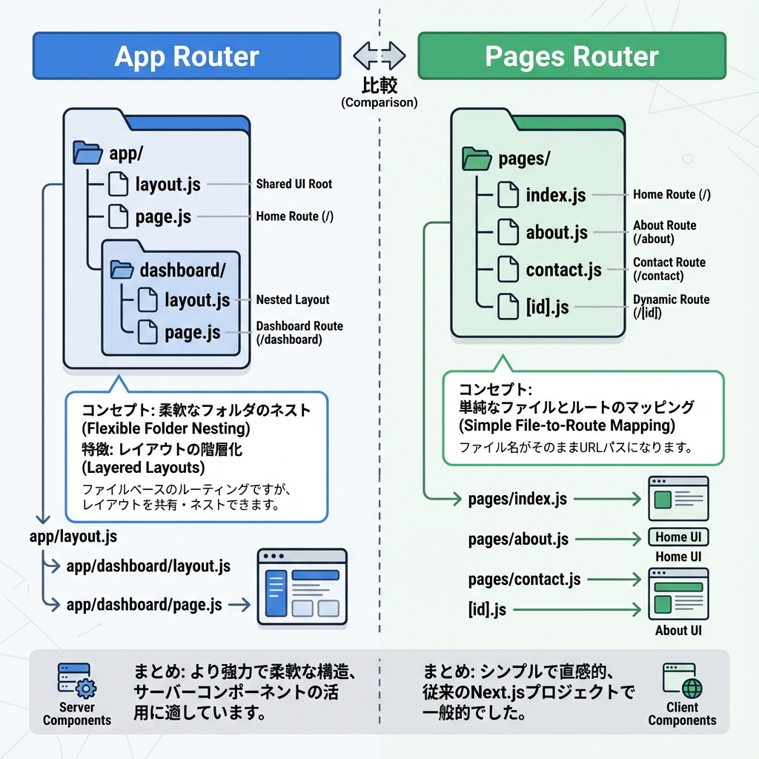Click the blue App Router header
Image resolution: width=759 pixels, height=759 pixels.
pos(186,56)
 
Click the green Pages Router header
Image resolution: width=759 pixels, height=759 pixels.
pos(571,56)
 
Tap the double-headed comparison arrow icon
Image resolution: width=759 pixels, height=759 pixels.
pos(379,56)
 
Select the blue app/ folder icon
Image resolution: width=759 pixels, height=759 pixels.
pos(87,153)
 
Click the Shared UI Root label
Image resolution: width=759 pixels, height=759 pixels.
pos(294,184)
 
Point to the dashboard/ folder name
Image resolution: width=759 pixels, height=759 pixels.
pos(182,270)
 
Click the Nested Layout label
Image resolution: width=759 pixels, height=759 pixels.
pos(293,299)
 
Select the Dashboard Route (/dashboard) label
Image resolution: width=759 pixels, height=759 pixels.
pos(299,333)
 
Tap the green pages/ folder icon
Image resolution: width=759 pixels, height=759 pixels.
pos(477,158)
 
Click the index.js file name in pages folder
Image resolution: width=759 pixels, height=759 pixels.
pos(555,195)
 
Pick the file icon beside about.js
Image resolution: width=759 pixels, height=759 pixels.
pos(508,232)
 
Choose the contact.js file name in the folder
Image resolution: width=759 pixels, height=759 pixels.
pos(563,270)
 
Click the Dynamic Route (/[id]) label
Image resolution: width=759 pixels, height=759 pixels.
pos(671,306)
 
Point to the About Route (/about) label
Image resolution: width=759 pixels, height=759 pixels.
pos(664,232)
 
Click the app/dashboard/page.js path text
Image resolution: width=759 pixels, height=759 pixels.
pos(144,605)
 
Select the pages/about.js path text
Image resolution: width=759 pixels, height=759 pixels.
pos(518,539)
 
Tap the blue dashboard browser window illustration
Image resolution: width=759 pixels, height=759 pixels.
pos(302,586)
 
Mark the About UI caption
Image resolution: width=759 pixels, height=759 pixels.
pos(677,631)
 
